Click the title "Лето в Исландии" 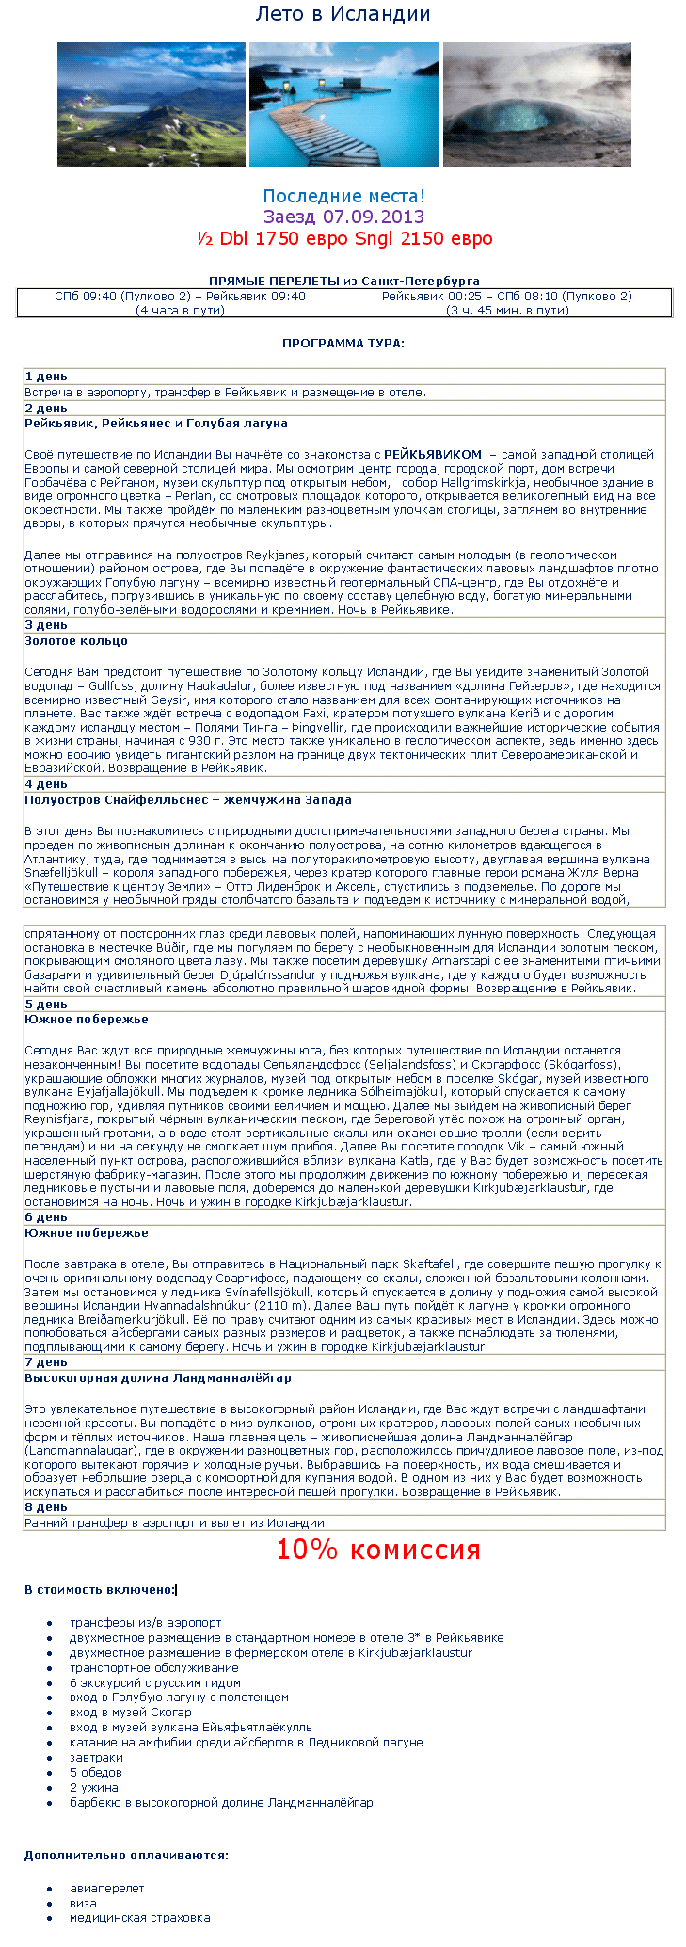pos(343,14)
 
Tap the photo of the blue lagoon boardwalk pos(343,104)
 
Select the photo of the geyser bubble pos(536,104)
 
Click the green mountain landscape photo pos(152,104)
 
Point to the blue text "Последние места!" pos(343,196)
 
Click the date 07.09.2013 pos(374,217)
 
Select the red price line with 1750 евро pos(343,238)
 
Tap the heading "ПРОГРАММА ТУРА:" pos(343,343)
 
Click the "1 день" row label pos(46,377)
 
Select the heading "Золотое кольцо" pos(76,641)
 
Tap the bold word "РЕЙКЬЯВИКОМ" pos(433,454)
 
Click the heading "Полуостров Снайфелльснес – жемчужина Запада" pos(188,800)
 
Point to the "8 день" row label pos(46,1507)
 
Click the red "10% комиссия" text pos(377,1550)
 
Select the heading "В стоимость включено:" pos(100,1590)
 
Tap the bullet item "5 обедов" pos(96,1772)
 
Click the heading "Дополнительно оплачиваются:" pos(126,1856)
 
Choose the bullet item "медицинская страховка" pos(140,1917)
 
